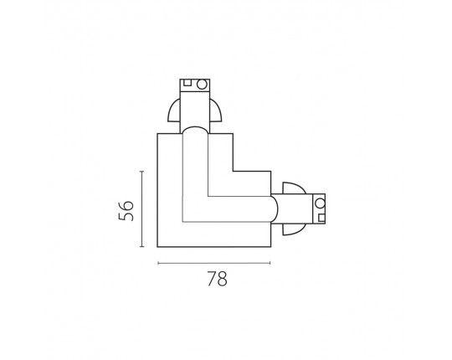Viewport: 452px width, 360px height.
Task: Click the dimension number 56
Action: tap(126, 211)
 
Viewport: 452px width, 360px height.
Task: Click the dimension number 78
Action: tap(217, 279)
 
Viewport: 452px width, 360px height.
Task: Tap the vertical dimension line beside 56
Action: tap(141, 209)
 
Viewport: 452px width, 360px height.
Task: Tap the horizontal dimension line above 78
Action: tap(214, 263)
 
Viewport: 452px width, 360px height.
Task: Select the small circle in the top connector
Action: tap(202, 85)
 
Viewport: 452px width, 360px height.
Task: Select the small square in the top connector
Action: tap(187, 83)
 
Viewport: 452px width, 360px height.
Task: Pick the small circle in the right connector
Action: tap(320, 203)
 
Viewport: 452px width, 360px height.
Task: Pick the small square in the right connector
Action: tap(321, 218)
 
